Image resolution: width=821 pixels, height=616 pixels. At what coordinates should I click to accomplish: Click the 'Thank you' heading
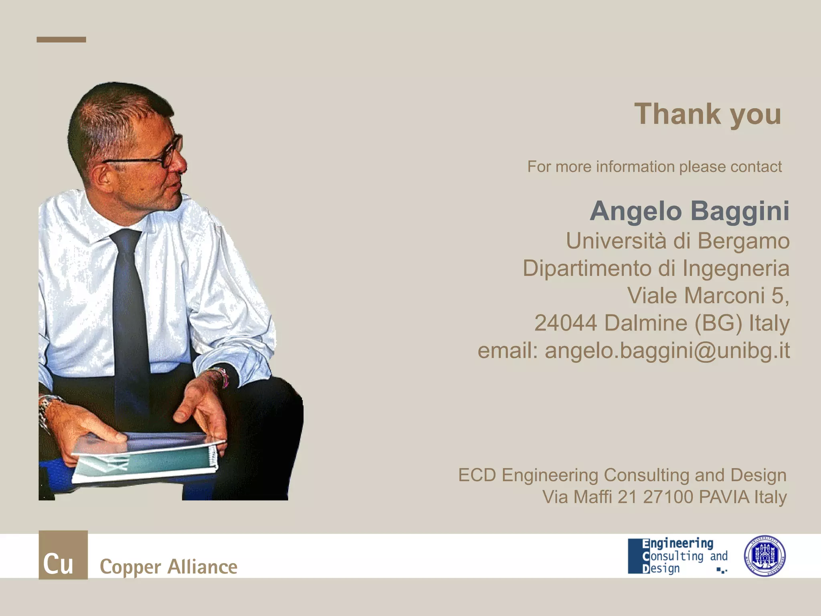click(708, 114)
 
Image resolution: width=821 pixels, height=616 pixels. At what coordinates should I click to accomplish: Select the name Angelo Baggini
click(690, 211)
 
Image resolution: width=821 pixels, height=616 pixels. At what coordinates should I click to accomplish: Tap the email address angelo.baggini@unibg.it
click(667, 351)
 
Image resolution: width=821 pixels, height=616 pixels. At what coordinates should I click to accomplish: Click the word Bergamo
click(744, 241)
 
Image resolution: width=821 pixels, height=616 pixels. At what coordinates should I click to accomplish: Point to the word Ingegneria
click(736, 268)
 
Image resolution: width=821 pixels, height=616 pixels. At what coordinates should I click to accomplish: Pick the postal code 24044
click(566, 323)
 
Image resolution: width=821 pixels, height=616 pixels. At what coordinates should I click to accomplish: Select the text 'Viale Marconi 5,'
click(708, 296)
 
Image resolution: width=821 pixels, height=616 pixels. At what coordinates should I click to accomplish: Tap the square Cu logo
click(63, 555)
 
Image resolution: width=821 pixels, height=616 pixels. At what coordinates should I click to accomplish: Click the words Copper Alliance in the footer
click(168, 567)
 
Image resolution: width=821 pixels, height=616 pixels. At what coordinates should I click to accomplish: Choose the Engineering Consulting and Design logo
click(677, 556)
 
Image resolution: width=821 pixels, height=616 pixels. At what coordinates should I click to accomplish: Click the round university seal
click(764, 556)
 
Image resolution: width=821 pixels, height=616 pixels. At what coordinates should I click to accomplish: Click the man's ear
click(102, 176)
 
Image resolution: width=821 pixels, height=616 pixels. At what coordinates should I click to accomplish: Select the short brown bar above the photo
click(61, 39)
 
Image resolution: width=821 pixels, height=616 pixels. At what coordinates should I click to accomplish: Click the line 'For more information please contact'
click(654, 167)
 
